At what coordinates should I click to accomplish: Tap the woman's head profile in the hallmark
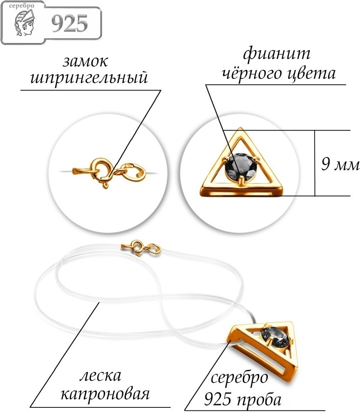24,23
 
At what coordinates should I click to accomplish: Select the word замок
86,62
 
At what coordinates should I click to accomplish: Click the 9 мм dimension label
340,165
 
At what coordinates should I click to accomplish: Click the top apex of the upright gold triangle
240,128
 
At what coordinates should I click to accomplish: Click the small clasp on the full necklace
141,248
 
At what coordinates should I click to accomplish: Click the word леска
100,376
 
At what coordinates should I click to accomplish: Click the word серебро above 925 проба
239,378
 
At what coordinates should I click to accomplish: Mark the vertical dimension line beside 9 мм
315,163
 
